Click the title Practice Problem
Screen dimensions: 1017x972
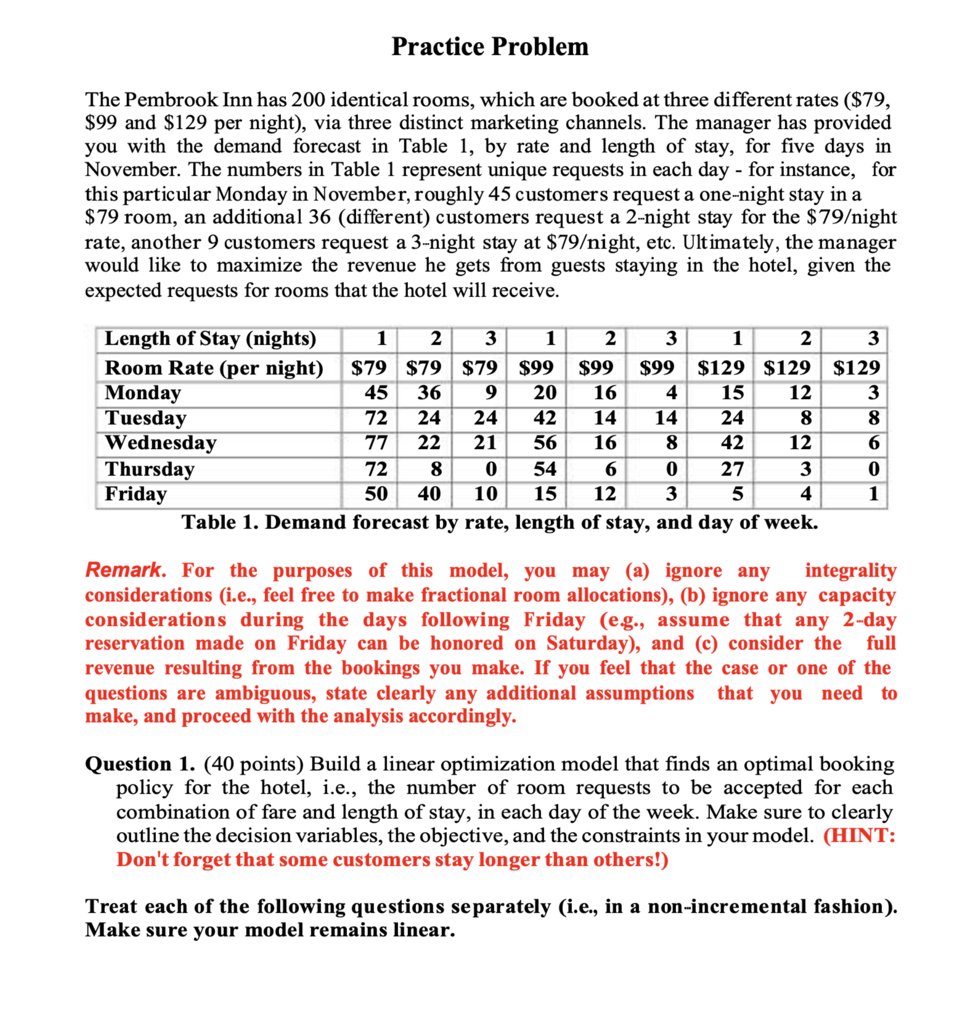(489, 47)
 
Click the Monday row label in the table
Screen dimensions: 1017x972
(143, 393)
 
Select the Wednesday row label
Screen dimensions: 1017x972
(160, 443)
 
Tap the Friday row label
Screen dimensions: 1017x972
(136, 494)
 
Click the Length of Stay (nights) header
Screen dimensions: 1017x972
(210, 339)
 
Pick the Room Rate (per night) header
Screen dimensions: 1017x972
(214, 368)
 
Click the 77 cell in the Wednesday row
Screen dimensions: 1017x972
(376, 443)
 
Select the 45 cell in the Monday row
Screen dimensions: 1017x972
(376, 393)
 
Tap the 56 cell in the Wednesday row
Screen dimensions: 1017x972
(545, 443)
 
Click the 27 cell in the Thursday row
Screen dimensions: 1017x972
(732, 469)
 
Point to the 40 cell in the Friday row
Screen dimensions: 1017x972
(429, 494)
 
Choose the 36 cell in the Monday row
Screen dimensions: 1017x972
(429, 393)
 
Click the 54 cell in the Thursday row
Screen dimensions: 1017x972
(545, 469)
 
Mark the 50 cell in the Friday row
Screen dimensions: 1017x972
(376, 494)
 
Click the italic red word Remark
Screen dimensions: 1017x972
(125, 570)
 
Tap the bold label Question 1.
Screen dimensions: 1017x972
(140, 764)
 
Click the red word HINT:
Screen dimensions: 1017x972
(859, 836)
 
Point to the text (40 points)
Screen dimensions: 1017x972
(253, 764)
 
